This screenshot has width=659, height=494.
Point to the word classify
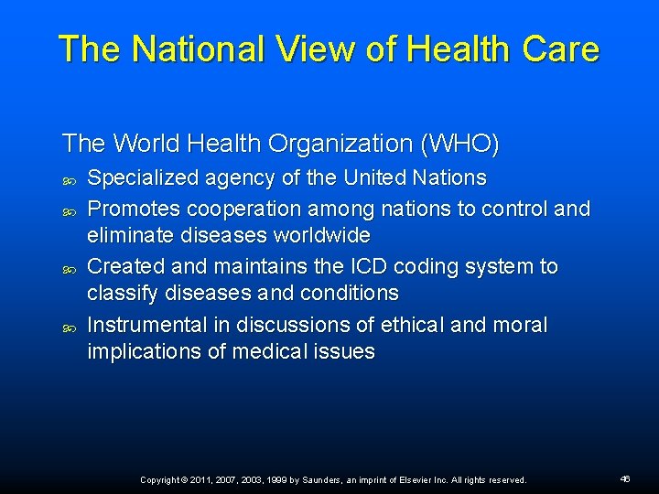tap(123, 294)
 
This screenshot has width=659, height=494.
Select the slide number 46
tap(625, 478)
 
